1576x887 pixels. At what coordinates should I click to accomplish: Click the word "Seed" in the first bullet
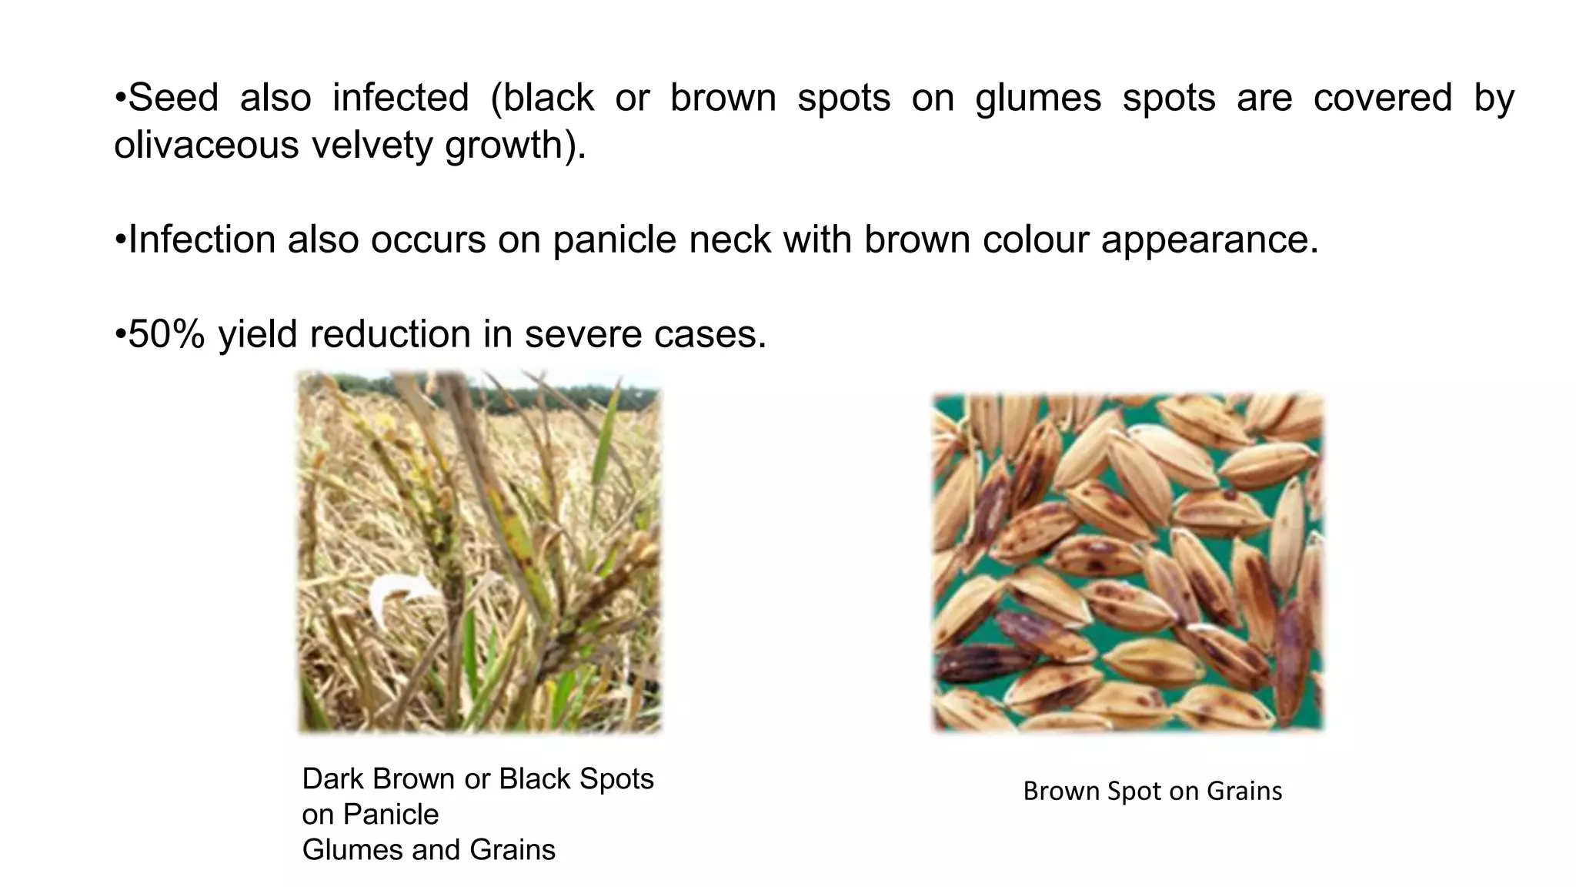(x=173, y=98)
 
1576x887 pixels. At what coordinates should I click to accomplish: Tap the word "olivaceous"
(x=206, y=145)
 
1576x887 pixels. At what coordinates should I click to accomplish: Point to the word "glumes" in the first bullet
(x=1038, y=98)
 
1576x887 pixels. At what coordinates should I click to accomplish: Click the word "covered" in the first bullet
(x=1382, y=98)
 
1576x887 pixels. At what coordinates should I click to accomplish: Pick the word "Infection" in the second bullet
(x=202, y=239)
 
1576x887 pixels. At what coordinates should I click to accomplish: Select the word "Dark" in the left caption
(x=333, y=779)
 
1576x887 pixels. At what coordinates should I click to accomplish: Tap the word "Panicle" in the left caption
(x=390, y=815)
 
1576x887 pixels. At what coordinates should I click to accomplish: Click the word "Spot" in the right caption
(x=1134, y=792)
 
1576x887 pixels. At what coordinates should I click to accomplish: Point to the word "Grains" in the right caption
(x=1244, y=792)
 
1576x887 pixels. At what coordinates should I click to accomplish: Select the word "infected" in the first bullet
(x=400, y=98)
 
